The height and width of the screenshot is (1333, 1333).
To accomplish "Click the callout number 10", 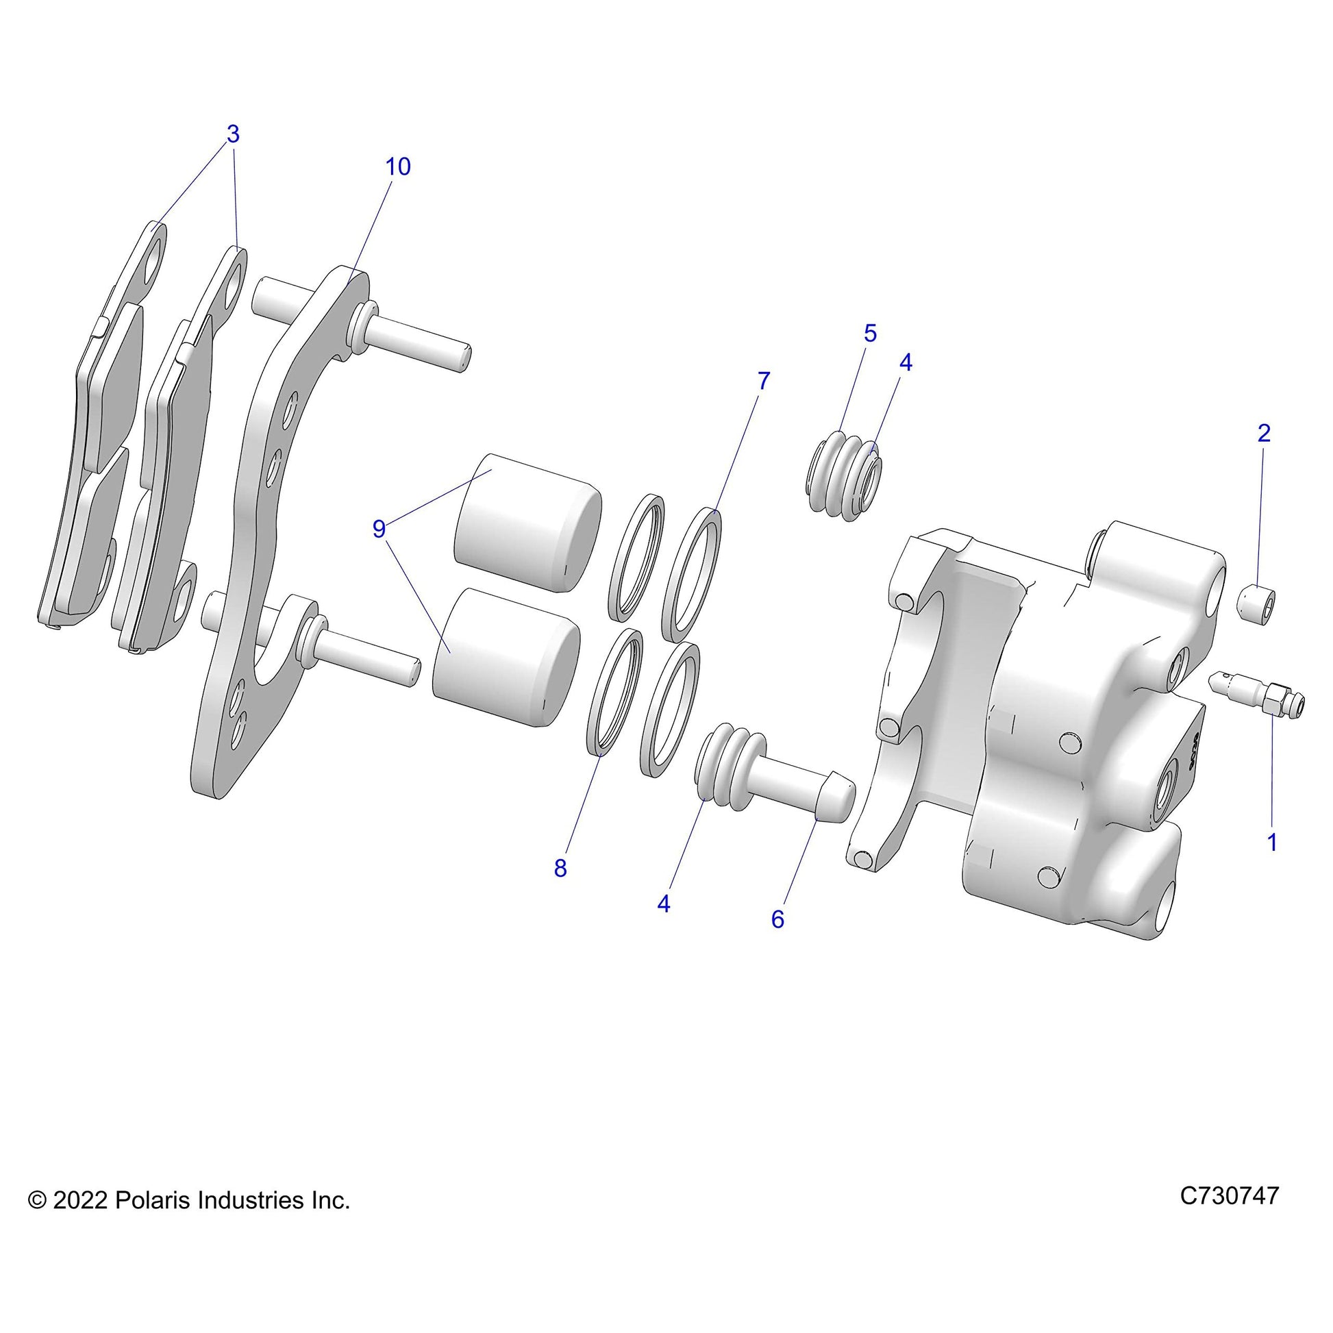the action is coord(398,166).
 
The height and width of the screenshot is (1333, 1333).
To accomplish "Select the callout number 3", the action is coord(232,134).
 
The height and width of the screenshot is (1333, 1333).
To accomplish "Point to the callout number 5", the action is coord(870,332).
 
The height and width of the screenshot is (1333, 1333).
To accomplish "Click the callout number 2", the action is coord(1263,433).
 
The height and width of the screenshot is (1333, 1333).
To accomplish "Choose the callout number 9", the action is coord(379,529).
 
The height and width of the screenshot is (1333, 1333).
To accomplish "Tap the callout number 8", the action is coord(560,869).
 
